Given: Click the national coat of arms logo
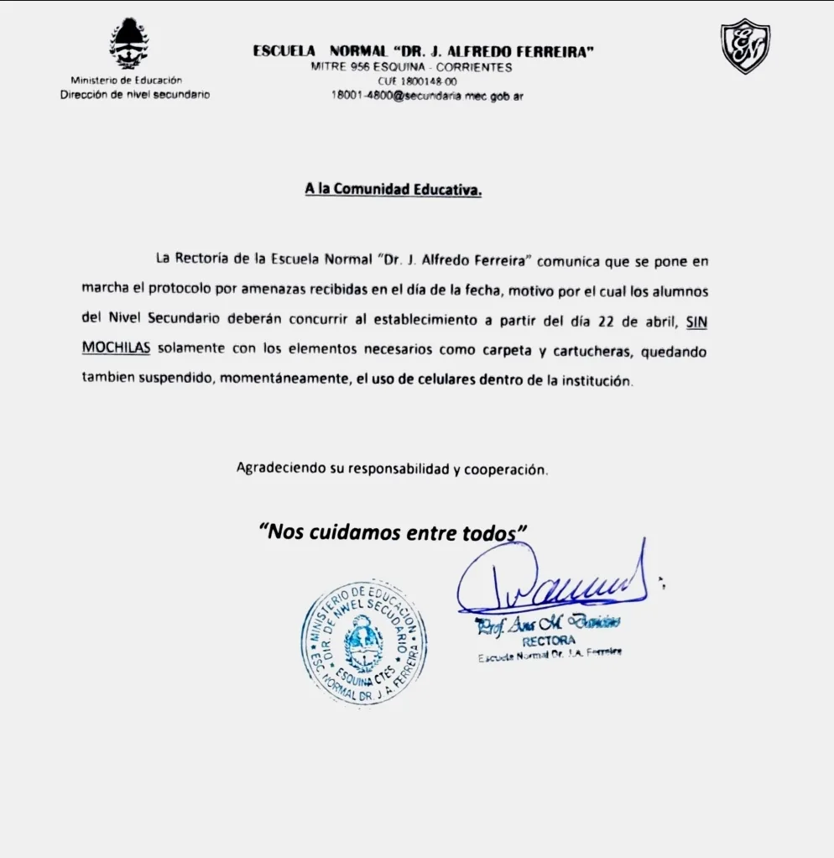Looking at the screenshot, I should (x=129, y=44).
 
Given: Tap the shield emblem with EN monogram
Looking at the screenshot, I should (x=745, y=45).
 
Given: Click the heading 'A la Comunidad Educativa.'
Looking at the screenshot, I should (x=394, y=190).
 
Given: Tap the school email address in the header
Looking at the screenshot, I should (x=427, y=96).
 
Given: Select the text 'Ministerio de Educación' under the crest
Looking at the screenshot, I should (x=126, y=81).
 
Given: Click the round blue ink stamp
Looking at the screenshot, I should (x=363, y=641).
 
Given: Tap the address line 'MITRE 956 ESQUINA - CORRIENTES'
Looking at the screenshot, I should (x=411, y=67).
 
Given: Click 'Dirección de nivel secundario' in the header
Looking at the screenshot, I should (x=134, y=94).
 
